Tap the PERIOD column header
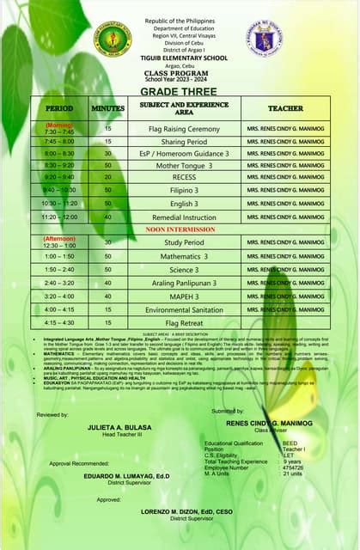[59, 109]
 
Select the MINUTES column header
[108, 109]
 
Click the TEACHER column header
[285, 109]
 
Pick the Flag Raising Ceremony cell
[184, 129]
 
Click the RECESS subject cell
[184, 177]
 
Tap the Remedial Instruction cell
[184, 217]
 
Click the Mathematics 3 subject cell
[184, 256]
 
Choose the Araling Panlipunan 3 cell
[184, 283]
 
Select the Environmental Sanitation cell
[184, 309]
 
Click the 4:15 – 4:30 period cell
[59, 323]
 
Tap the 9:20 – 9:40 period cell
[59, 177]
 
